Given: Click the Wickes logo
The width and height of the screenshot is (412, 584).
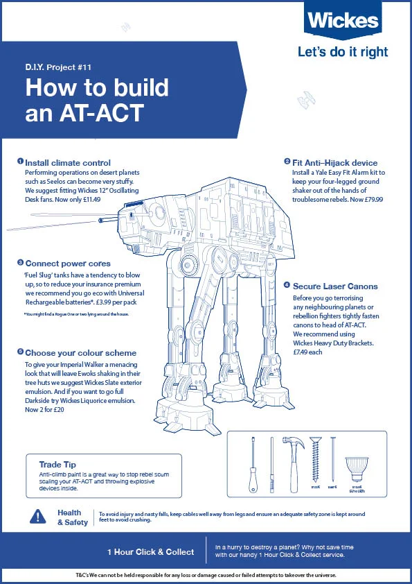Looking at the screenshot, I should pyautogui.click(x=343, y=22).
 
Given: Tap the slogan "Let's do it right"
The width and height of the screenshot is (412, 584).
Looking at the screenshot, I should pyautogui.click(x=343, y=52).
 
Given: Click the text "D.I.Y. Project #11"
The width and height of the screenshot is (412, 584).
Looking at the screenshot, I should pyautogui.click(x=68, y=69).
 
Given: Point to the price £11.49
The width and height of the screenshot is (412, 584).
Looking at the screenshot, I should pyautogui.click(x=88, y=199).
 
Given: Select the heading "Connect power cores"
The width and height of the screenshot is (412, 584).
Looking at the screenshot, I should pyautogui.click(x=67, y=263).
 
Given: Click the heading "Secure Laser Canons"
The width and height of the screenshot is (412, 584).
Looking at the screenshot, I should pyautogui.click(x=335, y=286).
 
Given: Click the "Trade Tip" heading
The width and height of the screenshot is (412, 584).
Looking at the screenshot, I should pyautogui.click(x=58, y=464).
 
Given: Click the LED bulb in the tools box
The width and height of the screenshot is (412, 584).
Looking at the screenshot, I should pyautogui.click(x=357, y=467).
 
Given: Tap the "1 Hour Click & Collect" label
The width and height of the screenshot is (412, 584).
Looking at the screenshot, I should pyautogui.click(x=150, y=552).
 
